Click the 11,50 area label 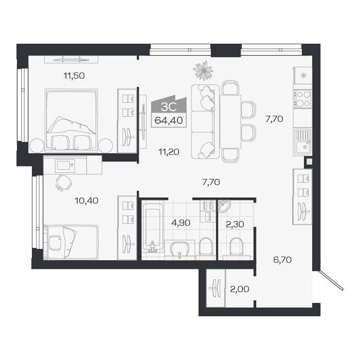(x=74, y=76)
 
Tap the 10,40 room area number (x=85, y=200)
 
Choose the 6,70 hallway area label (x=282, y=260)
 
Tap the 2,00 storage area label (x=240, y=289)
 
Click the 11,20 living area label (x=168, y=151)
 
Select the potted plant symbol (x=204, y=70)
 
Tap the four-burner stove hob (x=302, y=98)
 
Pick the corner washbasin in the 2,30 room (x=226, y=207)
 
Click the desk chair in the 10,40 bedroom (x=63, y=182)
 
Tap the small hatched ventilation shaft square (x=308, y=161)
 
